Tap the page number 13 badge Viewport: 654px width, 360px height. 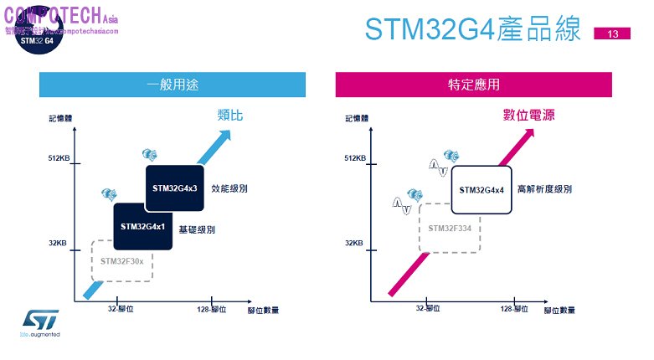click(x=612, y=34)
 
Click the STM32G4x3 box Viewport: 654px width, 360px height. click(x=175, y=188)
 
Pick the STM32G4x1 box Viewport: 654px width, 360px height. click(x=143, y=226)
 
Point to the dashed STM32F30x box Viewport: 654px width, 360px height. click(x=122, y=260)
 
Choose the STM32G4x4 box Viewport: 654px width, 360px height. click(x=481, y=189)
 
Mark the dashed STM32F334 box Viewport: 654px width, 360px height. click(x=451, y=228)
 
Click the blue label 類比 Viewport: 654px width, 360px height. click(x=229, y=116)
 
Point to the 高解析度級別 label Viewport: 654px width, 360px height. click(x=544, y=189)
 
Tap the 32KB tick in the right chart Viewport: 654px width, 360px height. click(x=354, y=244)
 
